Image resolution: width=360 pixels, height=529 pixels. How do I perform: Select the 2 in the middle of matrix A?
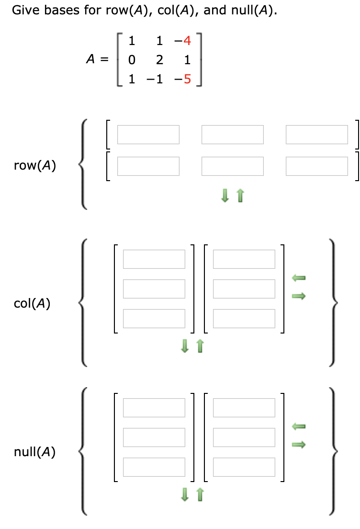point(160,60)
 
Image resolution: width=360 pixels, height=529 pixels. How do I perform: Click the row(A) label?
point(35,166)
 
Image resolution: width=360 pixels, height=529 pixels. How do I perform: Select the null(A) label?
point(34,452)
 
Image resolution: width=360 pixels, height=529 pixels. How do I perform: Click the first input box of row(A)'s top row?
point(148,135)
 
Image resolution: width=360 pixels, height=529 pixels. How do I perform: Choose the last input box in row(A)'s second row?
point(317,166)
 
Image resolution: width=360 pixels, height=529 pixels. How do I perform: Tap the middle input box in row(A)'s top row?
point(233,135)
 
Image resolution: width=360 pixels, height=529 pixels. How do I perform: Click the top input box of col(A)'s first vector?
point(154,259)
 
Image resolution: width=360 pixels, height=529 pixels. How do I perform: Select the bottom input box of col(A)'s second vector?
point(244,319)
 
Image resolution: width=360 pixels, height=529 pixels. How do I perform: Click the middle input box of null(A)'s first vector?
point(154,437)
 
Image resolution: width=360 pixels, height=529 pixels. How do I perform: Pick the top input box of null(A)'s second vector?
point(244,407)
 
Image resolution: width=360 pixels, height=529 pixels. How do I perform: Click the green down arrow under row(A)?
point(225,195)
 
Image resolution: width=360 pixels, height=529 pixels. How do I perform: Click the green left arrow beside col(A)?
point(299,277)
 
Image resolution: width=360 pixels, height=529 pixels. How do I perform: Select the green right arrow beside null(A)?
point(299,445)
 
